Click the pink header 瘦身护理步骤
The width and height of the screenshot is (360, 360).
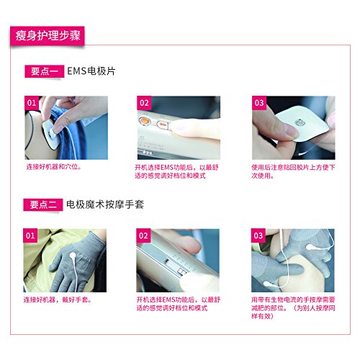tap(48, 36)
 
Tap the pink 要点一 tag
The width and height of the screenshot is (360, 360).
tap(44, 71)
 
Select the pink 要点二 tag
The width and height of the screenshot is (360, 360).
tap(43, 204)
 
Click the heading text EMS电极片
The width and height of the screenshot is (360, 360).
tap(91, 71)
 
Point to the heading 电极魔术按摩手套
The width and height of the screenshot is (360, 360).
tap(105, 204)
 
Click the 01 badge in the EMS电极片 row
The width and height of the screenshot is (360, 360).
tap(32, 103)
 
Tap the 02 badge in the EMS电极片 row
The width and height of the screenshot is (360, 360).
tap(144, 103)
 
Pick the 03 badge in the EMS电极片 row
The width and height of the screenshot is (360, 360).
tap(259, 103)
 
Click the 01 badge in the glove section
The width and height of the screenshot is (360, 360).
tap(30, 235)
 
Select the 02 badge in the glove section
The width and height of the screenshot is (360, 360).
tap(143, 235)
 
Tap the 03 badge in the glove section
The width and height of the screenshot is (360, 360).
tap(258, 235)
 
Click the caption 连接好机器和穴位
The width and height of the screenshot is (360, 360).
tap(53, 167)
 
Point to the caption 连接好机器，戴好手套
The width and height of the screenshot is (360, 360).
tap(57, 300)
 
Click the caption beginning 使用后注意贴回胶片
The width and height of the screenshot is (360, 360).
tap(293, 171)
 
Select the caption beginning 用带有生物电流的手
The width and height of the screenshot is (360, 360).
tap(293, 308)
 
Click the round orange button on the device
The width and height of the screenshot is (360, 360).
tap(144, 120)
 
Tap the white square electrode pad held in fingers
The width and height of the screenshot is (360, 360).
tap(302, 123)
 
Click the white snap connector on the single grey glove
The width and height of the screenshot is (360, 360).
tap(73, 256)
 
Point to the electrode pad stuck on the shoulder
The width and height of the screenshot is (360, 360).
tap(50, 133)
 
